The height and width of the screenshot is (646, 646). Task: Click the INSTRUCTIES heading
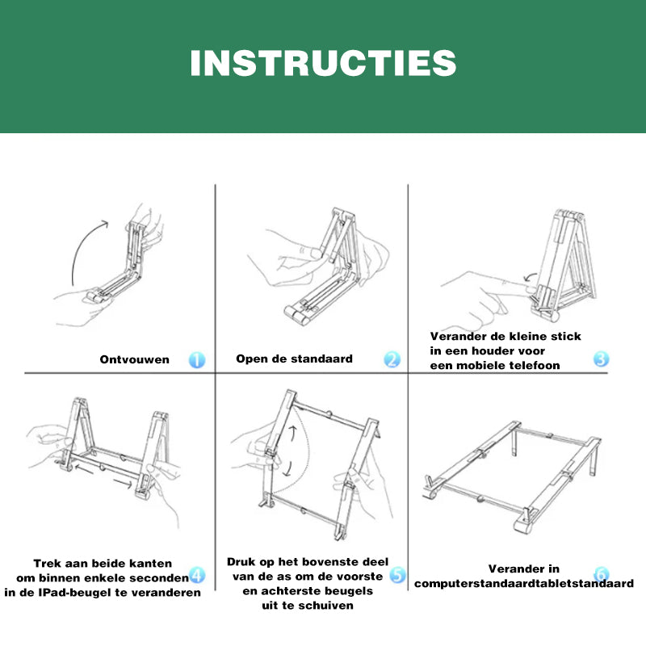coord(324,63)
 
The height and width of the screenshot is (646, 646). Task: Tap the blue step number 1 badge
coord(197,359)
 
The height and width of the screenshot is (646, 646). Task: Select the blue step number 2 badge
coord(392,359)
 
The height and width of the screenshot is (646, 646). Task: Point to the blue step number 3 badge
coord(601,359)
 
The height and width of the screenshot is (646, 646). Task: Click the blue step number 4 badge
coord(197,575)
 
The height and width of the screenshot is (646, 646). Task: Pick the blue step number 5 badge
coord(397,575)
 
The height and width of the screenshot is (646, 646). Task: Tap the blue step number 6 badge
coord(602,573)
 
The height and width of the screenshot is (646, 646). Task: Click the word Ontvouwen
coord(134,359)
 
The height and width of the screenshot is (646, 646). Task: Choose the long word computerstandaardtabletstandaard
coord(523,584)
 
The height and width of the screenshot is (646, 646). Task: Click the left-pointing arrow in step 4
coord(84,469)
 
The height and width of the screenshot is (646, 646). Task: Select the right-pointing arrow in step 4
coord(123,483)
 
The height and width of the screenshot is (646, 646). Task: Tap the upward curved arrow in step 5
coord(293,434)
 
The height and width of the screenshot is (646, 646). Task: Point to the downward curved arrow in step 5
coord(288,468)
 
